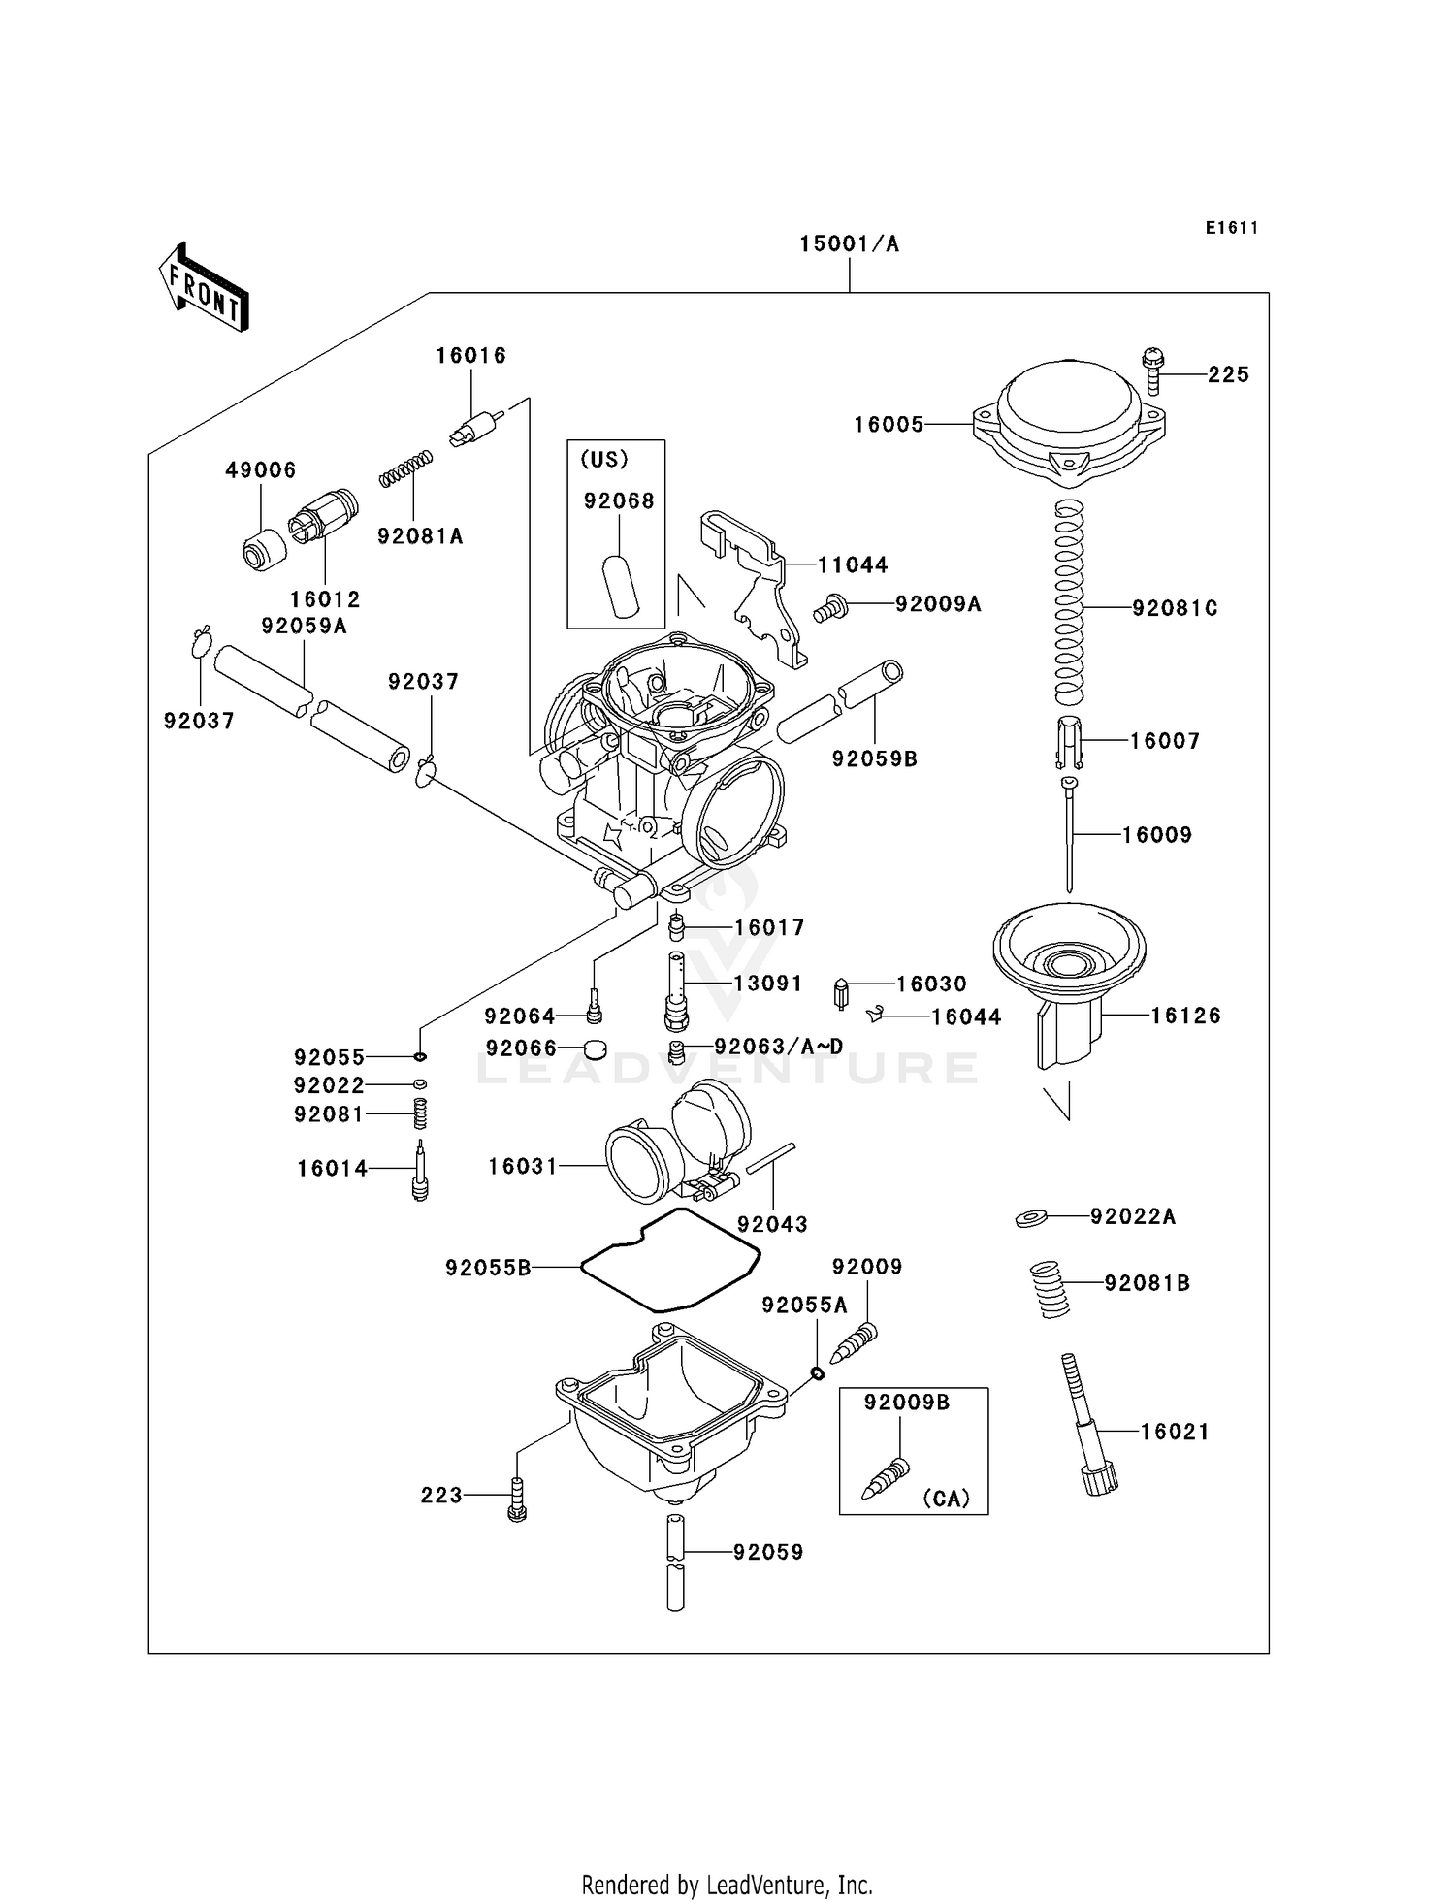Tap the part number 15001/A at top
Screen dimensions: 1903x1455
(x=849, y=244)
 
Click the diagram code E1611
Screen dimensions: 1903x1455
(x=1231, y=228)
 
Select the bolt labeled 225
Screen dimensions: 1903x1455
(x=1152, y=371)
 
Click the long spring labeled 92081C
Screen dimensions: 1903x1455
(x=1068, y=603)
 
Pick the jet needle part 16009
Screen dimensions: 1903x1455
(x=1069, y=834)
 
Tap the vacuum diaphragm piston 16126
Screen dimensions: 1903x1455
(x=1069, y=980)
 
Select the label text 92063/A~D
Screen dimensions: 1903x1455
(x=778, y=1047)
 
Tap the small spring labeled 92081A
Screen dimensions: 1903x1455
(x=405, y=468)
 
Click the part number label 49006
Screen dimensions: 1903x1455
(x=260, y=470)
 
